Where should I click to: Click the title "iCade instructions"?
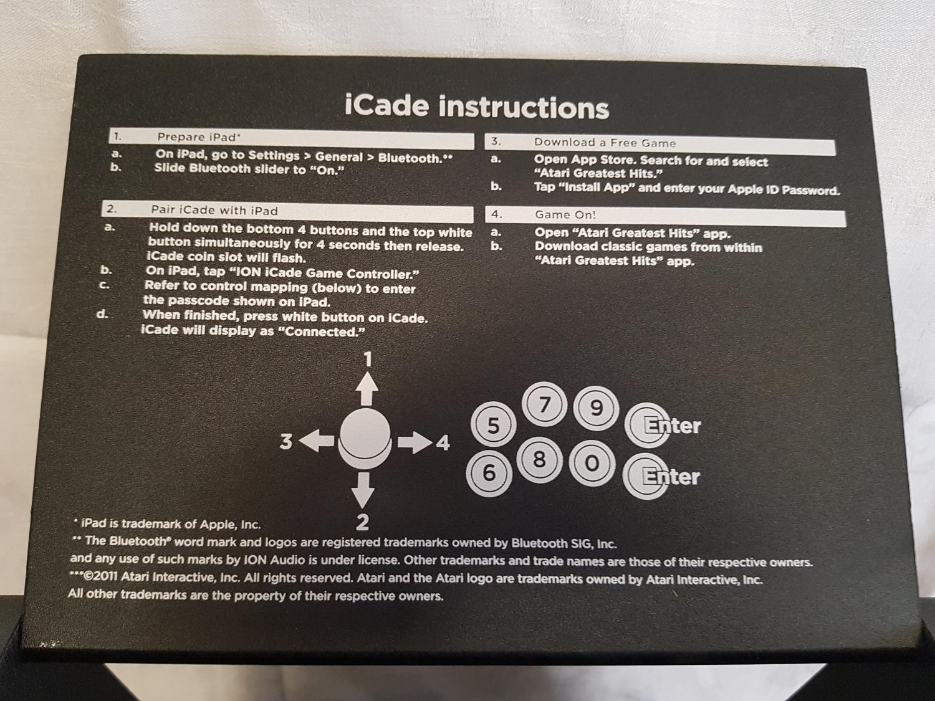tap(477, 107)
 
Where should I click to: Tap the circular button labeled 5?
tap(493, 424)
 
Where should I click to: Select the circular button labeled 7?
tap(544, 405)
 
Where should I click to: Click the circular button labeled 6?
tap(489, 472)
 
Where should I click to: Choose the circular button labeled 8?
tap(539, 460)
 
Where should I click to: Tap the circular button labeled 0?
tap(592, 463)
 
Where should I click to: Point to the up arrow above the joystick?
tap(367, 389)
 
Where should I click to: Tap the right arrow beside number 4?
tap(415, 442)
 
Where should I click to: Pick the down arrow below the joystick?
tap(363, 490)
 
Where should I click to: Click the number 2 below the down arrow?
tap(362, 522)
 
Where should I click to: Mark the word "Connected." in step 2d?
tap(324, 331)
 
